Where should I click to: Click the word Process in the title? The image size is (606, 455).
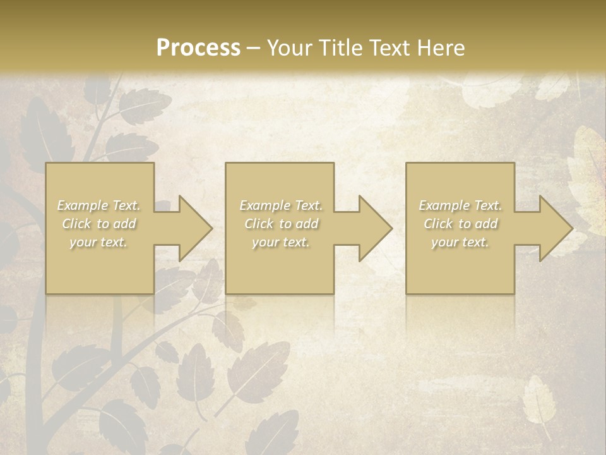198,48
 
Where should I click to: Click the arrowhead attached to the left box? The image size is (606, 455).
189,228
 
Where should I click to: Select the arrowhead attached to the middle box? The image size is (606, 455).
369,228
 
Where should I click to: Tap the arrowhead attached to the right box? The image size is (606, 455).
549,228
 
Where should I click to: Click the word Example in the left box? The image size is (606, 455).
82,205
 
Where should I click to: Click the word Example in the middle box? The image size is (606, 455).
264,205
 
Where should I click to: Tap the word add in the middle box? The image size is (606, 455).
307,224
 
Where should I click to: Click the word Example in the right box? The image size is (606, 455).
444,205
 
